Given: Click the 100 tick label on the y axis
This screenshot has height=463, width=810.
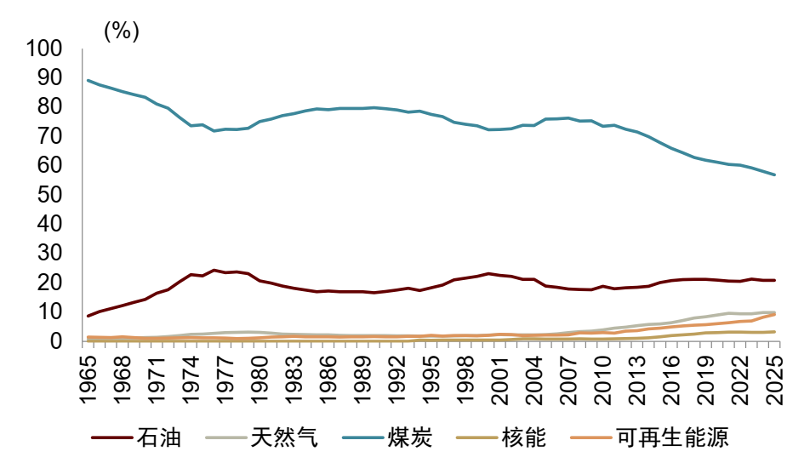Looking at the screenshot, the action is click(44, 49).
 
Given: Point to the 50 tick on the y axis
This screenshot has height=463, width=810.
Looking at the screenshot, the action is click(49, 195).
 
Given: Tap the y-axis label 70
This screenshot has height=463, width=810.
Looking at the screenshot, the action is click(49, 136).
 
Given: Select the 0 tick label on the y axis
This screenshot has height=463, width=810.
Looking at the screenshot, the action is click(56, 341).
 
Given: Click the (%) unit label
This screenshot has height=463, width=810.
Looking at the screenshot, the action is click(122, 31).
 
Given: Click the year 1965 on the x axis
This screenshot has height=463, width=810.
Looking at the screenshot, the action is click(88, 380).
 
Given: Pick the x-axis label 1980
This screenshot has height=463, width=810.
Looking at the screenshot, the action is click(260, 380).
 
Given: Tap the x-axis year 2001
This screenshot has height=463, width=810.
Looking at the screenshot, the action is click(500, 380).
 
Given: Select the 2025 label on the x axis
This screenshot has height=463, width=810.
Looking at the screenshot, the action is click(775, 380).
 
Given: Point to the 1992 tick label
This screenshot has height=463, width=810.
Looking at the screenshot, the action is click(397, 380).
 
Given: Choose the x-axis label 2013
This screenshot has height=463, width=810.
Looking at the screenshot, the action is click(638, 380).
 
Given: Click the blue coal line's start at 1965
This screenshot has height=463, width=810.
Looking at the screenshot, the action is click(88, 81).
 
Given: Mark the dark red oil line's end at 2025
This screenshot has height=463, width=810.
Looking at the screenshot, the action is click(775, 280).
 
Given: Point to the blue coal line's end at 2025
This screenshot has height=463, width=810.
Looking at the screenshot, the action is click(775, 174).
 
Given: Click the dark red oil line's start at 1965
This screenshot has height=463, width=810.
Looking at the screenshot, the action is click(88, 316).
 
